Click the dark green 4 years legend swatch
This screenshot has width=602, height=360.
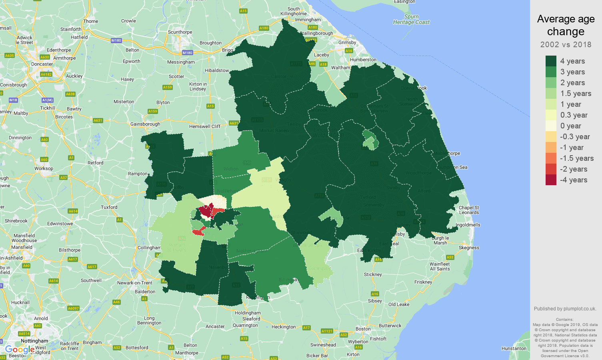point(551,61)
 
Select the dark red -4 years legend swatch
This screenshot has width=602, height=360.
point(551,180)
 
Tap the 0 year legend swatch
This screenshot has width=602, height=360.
point(551,126)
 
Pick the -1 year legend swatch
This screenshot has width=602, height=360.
point(551,147)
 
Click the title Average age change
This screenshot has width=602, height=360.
point(566,25)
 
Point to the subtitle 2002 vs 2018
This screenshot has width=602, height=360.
point(566,44)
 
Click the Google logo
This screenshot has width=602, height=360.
point(20,350)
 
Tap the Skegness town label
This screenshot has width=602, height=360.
point(469,248)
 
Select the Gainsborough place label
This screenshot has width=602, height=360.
point(145,124)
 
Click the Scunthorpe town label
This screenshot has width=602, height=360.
point(180,32)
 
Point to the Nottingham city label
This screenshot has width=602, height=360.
point(34,341)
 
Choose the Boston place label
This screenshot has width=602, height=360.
point(363,329)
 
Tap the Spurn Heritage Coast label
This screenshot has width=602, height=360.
point(411,19)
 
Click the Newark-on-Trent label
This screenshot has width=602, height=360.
point(135,283)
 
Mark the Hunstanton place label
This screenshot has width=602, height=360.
point(514,348)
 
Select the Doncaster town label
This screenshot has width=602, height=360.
point(42,64)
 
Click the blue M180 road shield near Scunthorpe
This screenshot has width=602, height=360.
point(187,52)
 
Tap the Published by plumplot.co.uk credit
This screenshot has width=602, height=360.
point(565,308)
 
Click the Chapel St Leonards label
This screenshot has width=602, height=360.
point(469,210)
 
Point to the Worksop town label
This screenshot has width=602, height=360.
point(44,168)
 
